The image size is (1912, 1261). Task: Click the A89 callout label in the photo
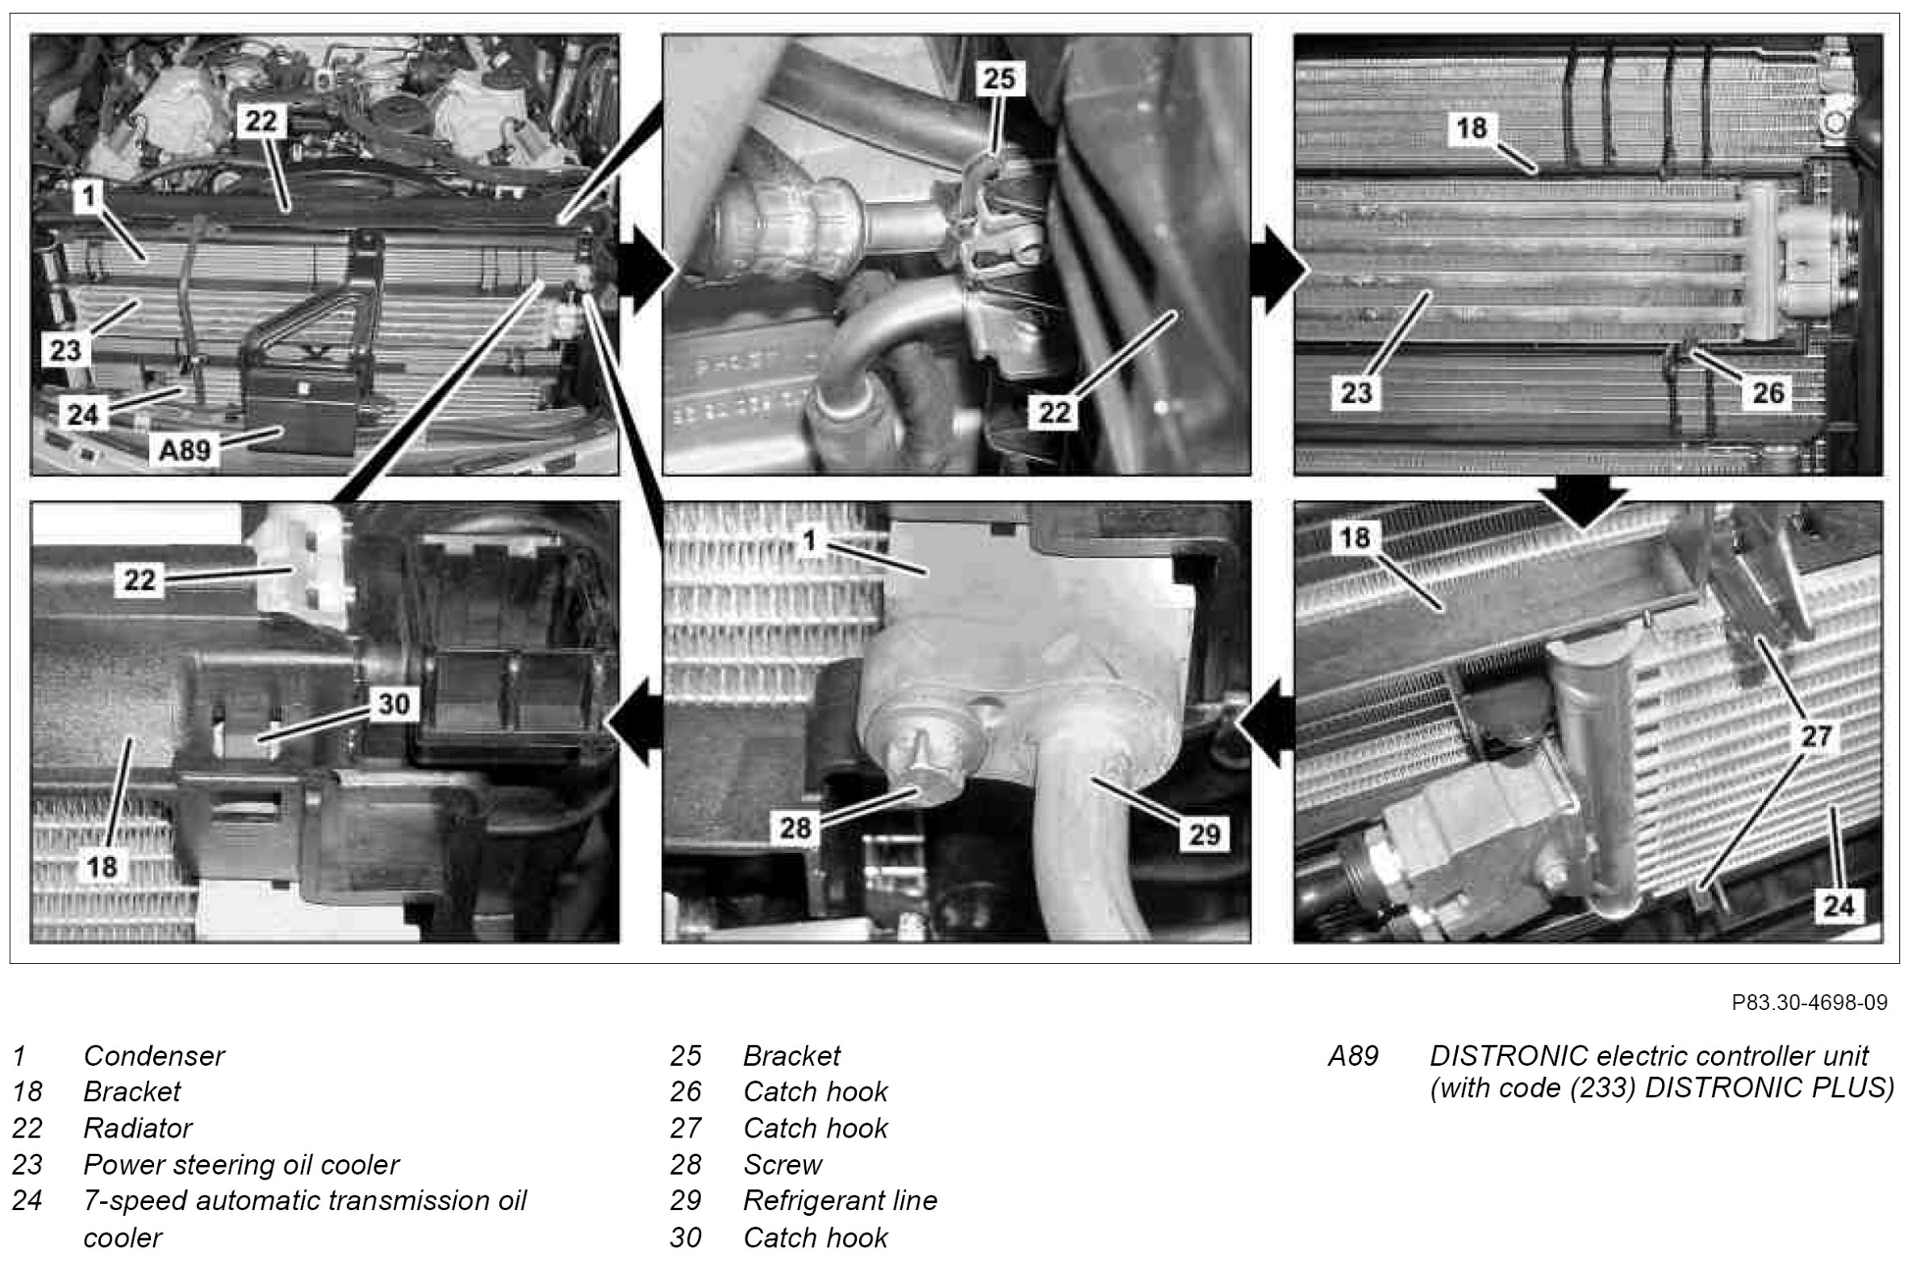183,449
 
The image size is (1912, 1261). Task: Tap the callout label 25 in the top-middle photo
1000,78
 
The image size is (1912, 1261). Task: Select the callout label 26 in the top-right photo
1767,393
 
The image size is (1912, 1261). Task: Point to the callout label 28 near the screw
795,828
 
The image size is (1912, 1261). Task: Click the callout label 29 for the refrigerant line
1204,833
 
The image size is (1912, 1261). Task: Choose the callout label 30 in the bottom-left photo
394,704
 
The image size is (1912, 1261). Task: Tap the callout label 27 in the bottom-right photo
1817,735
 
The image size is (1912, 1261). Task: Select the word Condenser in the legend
154,1055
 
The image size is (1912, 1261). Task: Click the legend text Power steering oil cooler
240,1164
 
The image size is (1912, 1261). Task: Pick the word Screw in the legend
782,1164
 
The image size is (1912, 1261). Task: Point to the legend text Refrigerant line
839,1200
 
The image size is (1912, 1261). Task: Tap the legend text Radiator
137,1128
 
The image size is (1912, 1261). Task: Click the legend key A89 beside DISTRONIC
1353,1055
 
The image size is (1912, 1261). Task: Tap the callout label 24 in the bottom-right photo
1839,907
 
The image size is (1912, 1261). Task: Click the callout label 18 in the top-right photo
1472,127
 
